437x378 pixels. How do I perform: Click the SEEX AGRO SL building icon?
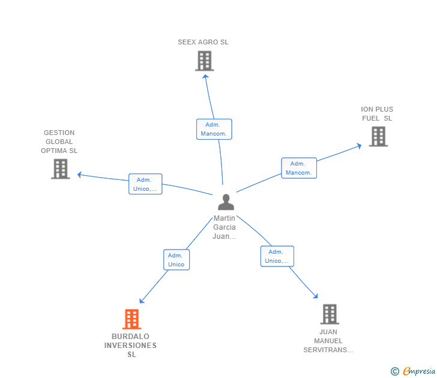(x=205, y=61)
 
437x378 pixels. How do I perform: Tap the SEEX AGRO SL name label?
(x=203, y=42)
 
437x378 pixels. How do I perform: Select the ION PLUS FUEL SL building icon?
(x=378, y=136)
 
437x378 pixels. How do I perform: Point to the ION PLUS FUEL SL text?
(x=377, y=113)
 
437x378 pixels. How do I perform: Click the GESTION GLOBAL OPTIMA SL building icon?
(x=61, y=169)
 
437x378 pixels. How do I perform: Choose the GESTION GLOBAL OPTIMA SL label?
(x=59, y=142)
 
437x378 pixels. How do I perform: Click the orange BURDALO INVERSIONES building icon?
(x=132, y=319)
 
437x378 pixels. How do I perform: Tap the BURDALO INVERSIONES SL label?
(x=130, y=346)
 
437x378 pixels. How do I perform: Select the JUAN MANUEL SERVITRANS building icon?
(x=330, y=314)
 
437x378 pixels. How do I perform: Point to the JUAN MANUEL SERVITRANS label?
(x=328, y=341)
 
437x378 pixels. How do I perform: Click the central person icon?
(x=226, y=202)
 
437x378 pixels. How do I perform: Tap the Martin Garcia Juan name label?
(x=225, y=227)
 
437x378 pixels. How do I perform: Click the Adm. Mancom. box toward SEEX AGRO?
(x=214, y=129)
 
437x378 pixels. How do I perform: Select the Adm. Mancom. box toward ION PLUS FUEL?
(x=299, y=168)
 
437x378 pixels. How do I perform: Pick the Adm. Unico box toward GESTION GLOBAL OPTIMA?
(x=145, y=184)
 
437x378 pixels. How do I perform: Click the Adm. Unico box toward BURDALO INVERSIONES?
(x=176, y=260)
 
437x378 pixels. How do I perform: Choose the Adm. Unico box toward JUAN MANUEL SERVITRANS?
(x=277, y=256)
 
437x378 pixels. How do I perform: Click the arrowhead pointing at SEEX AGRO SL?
(x=205, y=77)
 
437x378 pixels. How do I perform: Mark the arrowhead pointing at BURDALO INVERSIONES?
(x=142, y=301)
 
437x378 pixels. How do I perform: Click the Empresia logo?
(x=413, y=371)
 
